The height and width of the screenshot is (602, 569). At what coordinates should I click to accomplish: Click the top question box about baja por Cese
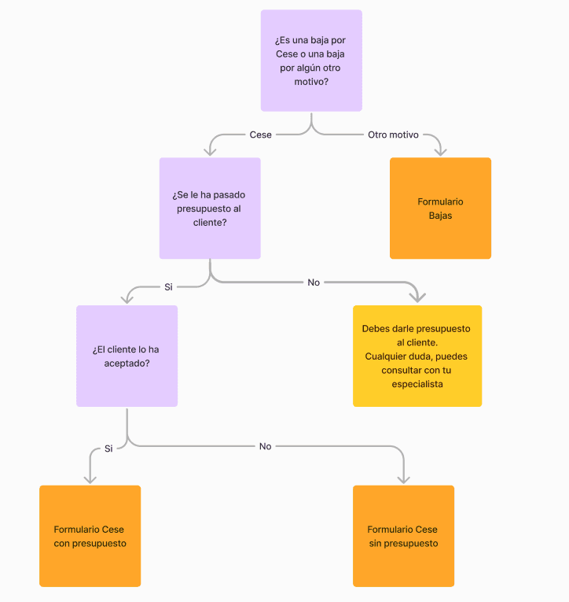(311, 61)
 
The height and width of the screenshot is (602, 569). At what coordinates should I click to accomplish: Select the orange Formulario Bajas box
(440, 209)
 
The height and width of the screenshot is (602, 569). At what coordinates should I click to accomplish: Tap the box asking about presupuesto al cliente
(210, 209)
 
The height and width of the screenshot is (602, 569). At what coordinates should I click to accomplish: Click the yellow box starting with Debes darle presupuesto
(417, 356)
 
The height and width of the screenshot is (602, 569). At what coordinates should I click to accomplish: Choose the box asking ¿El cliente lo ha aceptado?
(127, 356)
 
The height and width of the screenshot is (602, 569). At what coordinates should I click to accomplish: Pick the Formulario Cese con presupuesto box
(90, 536)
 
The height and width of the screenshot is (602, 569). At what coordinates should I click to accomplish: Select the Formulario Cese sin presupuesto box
(403, 536)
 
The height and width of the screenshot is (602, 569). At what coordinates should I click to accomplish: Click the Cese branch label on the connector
(260, 135)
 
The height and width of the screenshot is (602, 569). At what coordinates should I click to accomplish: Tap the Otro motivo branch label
(393, 135)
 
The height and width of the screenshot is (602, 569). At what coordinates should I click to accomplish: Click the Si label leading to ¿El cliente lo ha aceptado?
(168, 286)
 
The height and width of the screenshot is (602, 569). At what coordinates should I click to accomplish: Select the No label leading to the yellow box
(314, 282)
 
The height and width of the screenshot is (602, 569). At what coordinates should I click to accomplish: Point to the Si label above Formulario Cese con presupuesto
(108, 449)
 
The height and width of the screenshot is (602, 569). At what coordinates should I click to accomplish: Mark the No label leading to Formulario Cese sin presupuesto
(265, 446)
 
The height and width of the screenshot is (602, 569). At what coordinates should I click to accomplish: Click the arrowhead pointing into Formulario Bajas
(440, 151)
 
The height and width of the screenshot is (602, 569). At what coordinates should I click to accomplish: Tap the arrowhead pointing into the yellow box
(418, 298)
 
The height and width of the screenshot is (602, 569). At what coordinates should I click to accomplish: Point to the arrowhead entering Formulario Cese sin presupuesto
(403, 478)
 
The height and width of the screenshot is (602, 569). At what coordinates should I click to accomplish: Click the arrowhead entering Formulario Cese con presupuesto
(90, 478)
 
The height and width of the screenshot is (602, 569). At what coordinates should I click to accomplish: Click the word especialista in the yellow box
(417, 384)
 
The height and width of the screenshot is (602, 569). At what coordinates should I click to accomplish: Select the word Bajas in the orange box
(440, 215)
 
